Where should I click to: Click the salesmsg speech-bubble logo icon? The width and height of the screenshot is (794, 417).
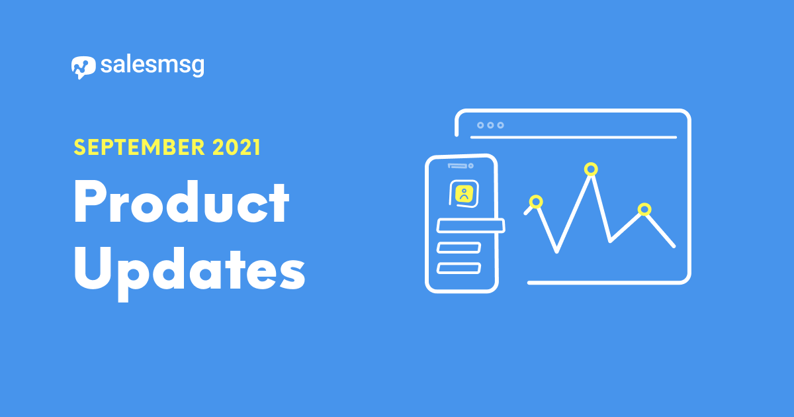click(83, 68)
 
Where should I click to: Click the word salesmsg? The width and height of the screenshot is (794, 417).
click(152, 66)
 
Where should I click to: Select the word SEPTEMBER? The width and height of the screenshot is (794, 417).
click(140, 147)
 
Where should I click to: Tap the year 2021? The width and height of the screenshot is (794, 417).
click(236, 147)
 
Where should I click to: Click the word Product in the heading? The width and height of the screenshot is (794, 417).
click(181, 201)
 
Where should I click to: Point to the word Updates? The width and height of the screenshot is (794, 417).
click(190, 272)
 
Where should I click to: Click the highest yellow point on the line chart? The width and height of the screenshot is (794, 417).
click(591, 169)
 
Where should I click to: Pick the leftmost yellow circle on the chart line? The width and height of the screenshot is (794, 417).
click(536, 202)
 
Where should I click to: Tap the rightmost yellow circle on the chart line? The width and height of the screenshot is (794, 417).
click(644, 209)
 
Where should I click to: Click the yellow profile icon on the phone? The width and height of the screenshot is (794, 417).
click(464, 194)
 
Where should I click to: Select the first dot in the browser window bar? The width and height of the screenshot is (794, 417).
click(480, 125)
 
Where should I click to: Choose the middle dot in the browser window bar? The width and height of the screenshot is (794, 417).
click(490, 125)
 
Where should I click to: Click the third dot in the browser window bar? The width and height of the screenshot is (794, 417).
click(500, 125)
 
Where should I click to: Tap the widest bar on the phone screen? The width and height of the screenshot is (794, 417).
click(470, 226)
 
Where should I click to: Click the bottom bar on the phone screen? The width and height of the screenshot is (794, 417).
click(459, 269)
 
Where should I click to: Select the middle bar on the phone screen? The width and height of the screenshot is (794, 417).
click(459, 248)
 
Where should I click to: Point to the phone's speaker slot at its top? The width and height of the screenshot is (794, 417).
click(457, 165)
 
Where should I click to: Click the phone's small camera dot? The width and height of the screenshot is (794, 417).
click(470, 165)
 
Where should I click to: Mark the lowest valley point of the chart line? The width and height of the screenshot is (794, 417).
click(556, 252)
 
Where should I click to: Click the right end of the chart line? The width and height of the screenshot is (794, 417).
click(674, 246)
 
